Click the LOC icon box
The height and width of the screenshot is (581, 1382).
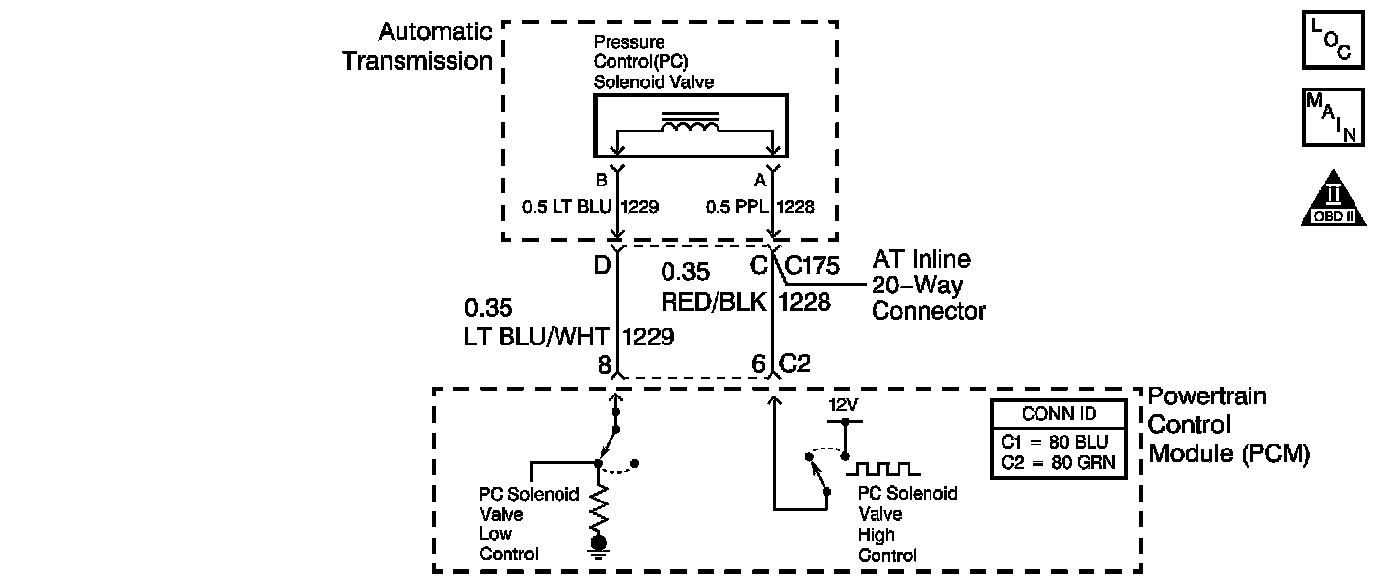1332,40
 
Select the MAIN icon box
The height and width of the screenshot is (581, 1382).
1332,117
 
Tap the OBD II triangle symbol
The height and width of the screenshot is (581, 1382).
1332,201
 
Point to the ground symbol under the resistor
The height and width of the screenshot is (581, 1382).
597,545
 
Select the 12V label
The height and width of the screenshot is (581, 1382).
843,404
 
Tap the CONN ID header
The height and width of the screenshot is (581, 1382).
1058,413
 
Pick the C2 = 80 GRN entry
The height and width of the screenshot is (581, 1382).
1058,462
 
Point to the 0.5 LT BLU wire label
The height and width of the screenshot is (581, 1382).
566,208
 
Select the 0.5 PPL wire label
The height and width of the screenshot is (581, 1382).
736,208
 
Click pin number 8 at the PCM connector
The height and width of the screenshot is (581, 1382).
604,364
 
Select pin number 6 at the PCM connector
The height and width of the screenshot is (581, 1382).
758,364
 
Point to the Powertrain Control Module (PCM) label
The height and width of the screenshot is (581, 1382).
1229,425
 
